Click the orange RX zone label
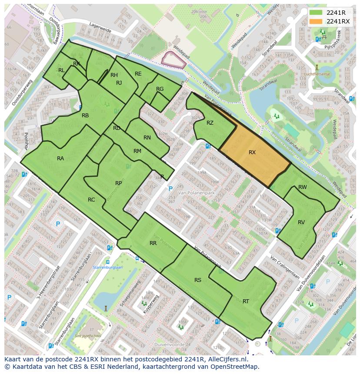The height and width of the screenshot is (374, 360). point(252,152)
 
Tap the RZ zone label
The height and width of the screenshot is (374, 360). point(210,123)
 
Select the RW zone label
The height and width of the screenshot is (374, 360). point(303,187)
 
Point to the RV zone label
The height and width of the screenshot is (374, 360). point(301,222)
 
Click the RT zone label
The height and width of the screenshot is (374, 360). point(246,301)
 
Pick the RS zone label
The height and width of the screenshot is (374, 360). point(198,280)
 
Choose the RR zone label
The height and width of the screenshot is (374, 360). point(153,243)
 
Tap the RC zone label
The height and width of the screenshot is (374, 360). point(91,200)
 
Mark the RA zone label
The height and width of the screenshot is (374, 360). point(60,159)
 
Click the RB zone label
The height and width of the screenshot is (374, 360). point(85,116)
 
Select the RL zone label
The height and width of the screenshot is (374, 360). point(61,70)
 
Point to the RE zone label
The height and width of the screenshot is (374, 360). point(138,74)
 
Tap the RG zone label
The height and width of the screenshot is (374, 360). point(160,89)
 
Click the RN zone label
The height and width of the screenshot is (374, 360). point(147,138)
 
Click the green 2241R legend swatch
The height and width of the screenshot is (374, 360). point(316,13)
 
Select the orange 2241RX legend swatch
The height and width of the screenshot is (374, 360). point(316,21)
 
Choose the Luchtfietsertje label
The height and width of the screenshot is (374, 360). point(317,74)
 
